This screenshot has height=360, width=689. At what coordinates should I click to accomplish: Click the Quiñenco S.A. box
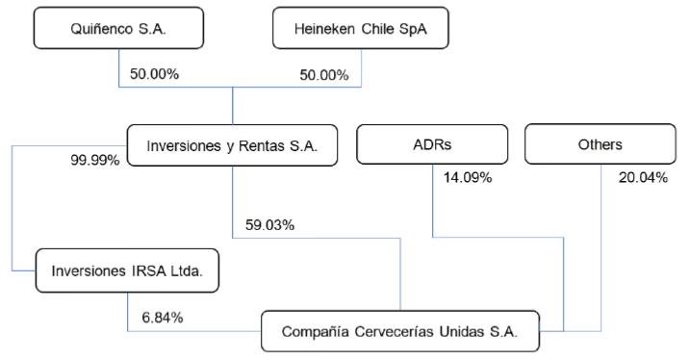(118, 28)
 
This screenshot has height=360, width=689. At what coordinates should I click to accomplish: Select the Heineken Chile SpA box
(361, 28)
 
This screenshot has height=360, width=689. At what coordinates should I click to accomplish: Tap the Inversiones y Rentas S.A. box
(233, 145)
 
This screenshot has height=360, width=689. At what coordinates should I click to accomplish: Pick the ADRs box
(432, 144)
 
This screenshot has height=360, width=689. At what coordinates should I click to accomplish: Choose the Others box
(600, 144)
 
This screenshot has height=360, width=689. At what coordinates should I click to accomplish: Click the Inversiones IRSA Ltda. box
(127, 270)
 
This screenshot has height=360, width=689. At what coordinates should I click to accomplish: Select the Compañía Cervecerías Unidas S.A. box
(400, 331)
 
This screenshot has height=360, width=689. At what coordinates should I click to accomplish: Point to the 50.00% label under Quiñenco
(154, 74)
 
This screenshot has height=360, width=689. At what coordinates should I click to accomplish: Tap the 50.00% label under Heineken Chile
(324, 75)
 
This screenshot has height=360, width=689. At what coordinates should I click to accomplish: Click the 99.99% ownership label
(95, 160)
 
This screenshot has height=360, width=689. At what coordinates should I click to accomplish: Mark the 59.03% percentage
(269, 225)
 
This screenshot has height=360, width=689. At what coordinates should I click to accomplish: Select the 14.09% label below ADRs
(468, 177)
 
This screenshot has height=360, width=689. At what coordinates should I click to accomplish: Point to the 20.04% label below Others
(644, 177)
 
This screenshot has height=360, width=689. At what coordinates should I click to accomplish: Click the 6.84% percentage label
(163, 318)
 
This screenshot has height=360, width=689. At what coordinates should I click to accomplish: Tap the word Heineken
(324, 29)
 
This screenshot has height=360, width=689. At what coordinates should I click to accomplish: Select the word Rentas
(262, 146)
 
